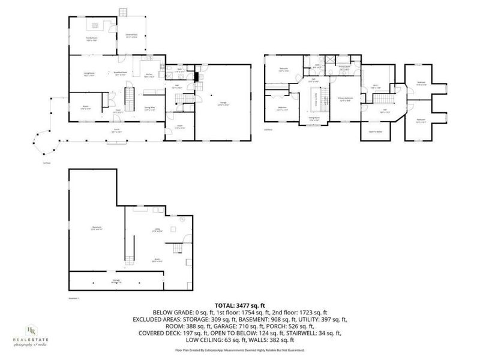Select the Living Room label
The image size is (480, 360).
click(90, 74)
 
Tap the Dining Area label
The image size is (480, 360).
click(151, 109)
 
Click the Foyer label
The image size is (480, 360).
click(119, 111)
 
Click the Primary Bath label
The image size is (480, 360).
click(345, 68)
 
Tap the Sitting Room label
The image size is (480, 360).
click(313, 118)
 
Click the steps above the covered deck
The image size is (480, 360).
click(124, 12)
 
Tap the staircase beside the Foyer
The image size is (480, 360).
click(128, 96)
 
